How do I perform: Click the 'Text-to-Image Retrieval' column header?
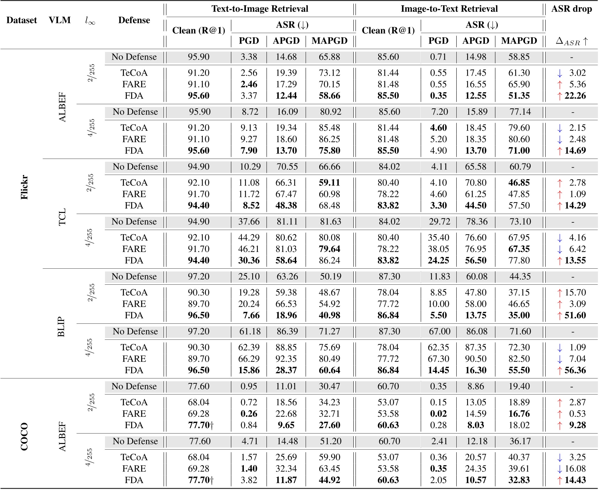(260, 9)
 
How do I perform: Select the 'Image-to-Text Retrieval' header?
(449, 9)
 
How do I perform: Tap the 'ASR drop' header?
(571, 9)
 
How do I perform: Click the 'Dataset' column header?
(22, 20)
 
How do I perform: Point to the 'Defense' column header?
(134, 20)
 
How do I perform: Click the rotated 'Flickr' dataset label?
(24, 187)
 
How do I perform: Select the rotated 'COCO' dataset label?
(24, 436)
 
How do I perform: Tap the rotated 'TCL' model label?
(62, 217)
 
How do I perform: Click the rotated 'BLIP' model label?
(61, 327)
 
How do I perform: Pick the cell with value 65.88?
(329, 57)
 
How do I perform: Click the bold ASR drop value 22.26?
(575, 95)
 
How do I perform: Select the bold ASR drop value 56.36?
(575, 370)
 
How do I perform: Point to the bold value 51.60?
(575, 315)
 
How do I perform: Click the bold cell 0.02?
(438, 414)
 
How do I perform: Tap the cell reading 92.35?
(286, 359)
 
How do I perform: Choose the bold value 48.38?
(286, 205)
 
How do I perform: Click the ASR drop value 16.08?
(575, 468)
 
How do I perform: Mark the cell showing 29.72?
(439, 222)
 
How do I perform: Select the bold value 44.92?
(329, 480)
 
